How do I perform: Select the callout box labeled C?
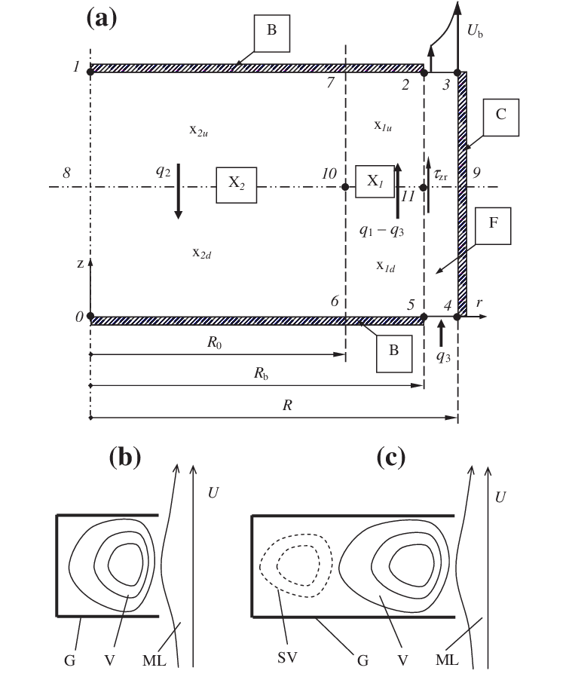coord(501,115)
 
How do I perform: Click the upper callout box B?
coord(270,32)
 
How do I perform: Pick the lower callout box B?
coord(393,352)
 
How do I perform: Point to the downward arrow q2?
coord(178,190)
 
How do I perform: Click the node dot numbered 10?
coord(345,186)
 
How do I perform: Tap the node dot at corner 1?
coord(90,72)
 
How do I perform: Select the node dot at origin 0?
coord(90,317)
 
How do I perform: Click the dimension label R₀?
coord(216,342)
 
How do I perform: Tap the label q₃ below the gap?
coord(443,355)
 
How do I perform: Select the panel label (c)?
coord(390,457)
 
